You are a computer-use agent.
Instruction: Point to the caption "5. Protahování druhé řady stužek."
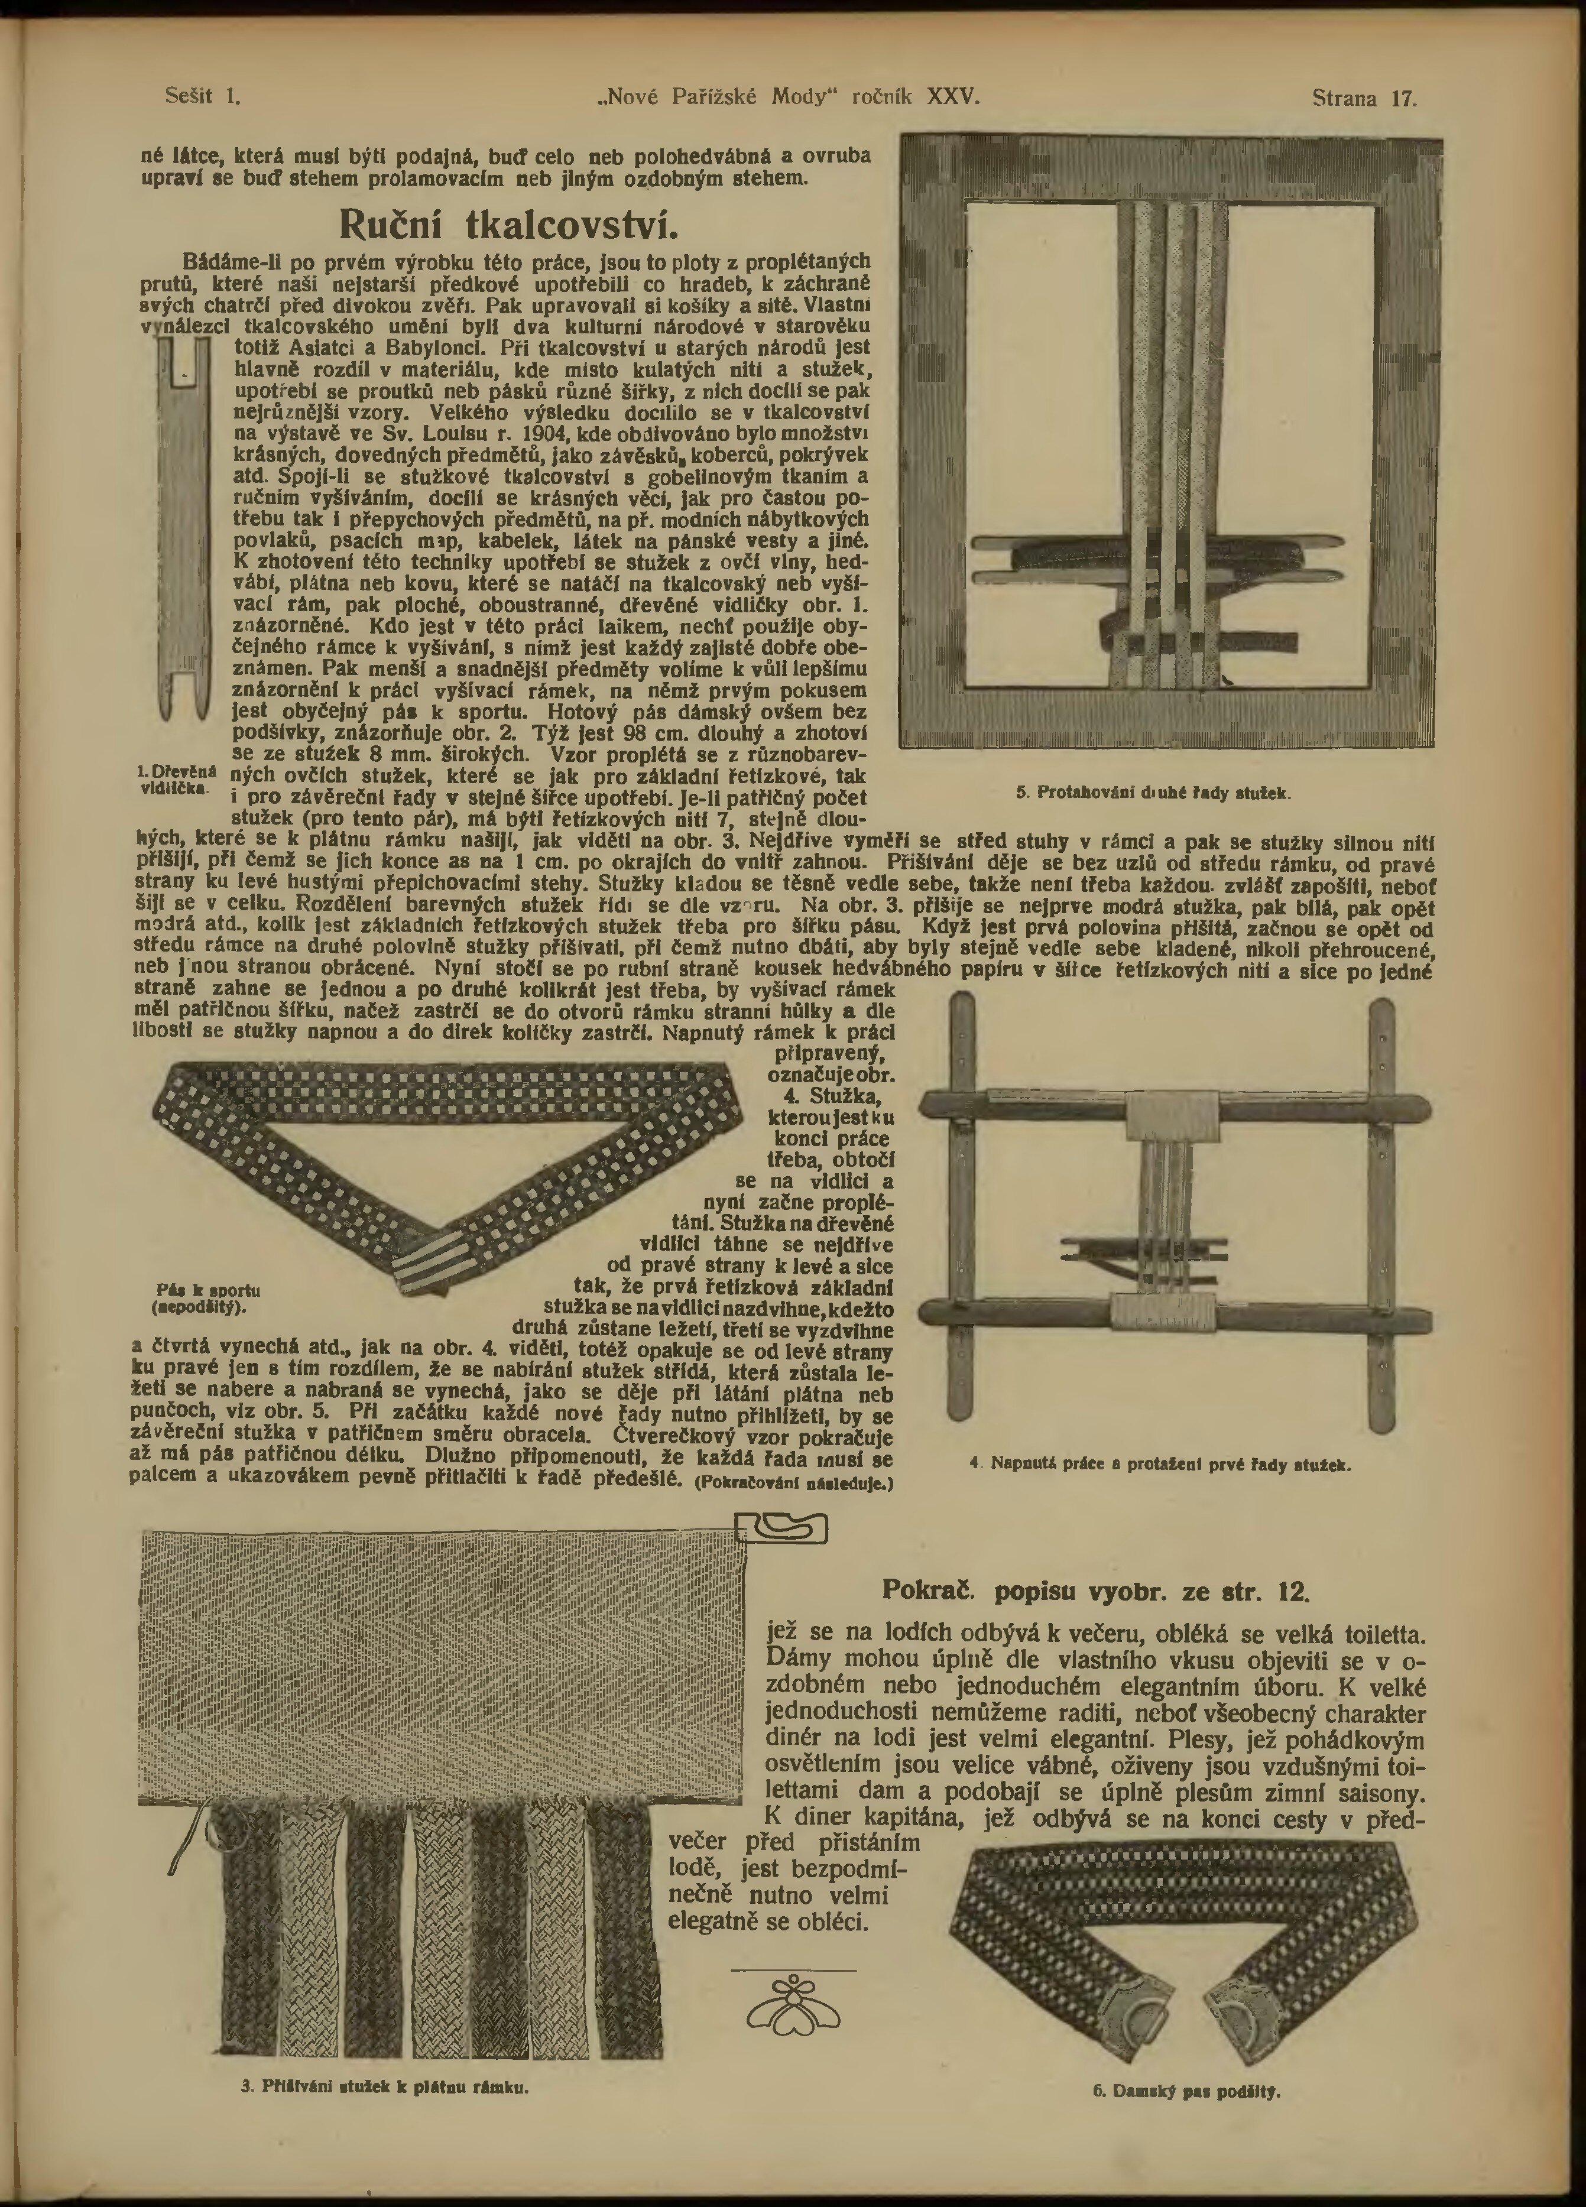pos(1153,793)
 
